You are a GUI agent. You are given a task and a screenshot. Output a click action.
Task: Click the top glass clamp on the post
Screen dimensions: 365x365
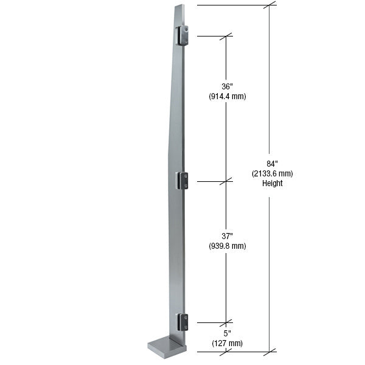click(x=182, y=35)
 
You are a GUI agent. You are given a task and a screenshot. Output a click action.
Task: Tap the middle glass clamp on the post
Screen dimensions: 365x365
click(x=182, y=180)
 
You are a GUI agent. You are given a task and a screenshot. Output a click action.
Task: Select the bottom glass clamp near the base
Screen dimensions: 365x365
click(x=182, y=322)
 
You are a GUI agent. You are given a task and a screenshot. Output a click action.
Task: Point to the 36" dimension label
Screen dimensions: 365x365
click(x=227, y=86)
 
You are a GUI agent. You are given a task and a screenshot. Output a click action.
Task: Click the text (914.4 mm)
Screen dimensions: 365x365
click(x=227, y=96)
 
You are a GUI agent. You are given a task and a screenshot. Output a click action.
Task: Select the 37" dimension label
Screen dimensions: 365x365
click(x=227, y=236)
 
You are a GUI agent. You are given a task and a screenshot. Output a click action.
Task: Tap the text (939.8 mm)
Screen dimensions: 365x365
click(x=227, y=246)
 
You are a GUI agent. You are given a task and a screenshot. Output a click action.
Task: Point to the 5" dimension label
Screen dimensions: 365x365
click(x=227, y=333)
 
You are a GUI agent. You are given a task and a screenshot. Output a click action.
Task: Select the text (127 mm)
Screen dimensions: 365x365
click(x=227, y=343)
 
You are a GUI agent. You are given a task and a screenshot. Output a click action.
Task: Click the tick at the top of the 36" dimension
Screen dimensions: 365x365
click(x=227, y=36)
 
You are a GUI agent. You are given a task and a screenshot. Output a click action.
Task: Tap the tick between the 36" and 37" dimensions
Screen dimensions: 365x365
click(x=227, y=181)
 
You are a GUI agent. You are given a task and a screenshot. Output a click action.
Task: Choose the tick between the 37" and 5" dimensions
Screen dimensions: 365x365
click(x=227, y=322)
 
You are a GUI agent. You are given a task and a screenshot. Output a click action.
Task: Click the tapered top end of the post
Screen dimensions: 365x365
click(x=181, y=12)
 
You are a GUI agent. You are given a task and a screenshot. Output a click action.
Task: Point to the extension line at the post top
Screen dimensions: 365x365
click(x=231, y=5)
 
